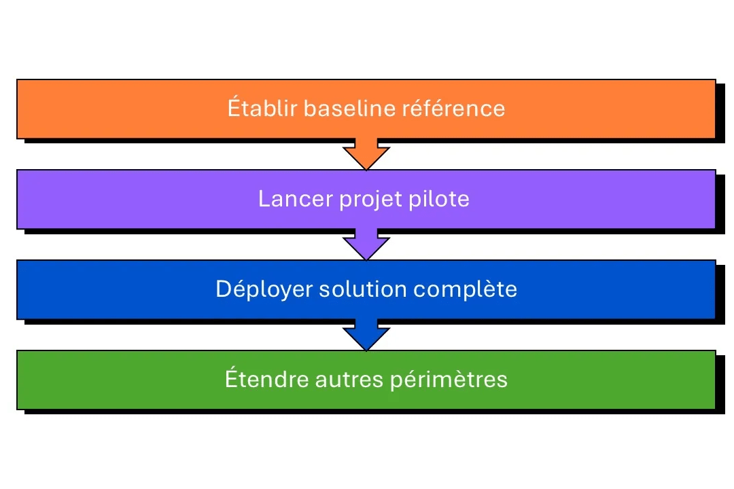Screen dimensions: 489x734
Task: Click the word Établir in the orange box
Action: [x=262, y=109]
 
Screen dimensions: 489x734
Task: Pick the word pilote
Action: [x=440, y=199]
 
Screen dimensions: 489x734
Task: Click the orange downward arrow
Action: [x=366, y=154]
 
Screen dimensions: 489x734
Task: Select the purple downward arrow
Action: [x=366, y=244]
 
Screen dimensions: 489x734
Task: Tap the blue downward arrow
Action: [x=366, y=335]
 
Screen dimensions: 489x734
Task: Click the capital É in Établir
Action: [x=234, y=108]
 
